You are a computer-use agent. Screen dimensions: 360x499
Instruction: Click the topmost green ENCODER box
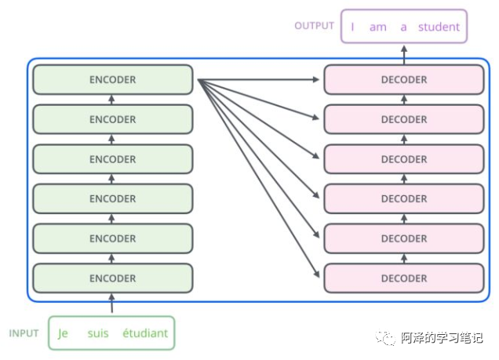[x=112, y=80]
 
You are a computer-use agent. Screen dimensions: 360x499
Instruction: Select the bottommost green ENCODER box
[x=112, y=278]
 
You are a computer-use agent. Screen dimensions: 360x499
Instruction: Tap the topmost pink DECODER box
[x=404, y=80]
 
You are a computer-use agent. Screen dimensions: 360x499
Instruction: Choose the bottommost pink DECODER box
[x=404, y=278]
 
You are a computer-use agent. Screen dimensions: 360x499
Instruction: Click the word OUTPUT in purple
[x=315, y=26]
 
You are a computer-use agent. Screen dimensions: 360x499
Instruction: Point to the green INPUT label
[x=24, y=333]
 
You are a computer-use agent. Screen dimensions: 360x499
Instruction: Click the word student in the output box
[x=439, y=27]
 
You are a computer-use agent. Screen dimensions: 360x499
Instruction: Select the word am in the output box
[x=378, y=27]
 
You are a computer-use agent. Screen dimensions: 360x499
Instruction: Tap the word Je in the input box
[x=63, y=333]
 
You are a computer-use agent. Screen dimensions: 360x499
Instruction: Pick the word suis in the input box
[x=98, y=333]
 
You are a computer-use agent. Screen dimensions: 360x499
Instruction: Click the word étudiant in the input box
[x=145, y=333]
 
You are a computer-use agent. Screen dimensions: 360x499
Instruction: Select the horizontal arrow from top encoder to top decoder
[x=259, y=80]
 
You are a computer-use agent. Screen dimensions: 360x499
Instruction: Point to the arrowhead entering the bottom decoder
[x=319, y=275]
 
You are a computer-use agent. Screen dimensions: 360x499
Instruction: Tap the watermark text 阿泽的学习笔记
[x=442, y=338]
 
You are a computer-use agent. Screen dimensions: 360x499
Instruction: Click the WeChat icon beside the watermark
[x=387, y=338]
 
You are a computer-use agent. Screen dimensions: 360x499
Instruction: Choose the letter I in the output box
[x=352, y=27]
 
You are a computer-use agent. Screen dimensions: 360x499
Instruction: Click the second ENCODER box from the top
[x=112, y=120]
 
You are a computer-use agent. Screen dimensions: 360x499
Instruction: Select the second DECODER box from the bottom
[x=404, y=238]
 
